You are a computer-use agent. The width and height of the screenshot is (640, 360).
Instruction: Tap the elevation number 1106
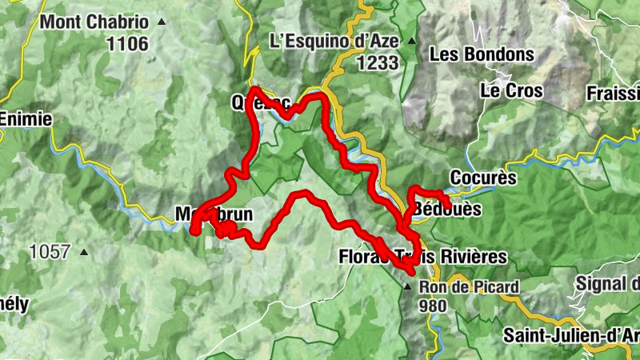point(128,44)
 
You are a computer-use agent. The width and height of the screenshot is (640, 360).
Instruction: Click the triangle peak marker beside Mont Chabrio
point(163,22)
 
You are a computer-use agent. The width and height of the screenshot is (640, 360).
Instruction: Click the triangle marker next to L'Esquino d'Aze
point(411,41)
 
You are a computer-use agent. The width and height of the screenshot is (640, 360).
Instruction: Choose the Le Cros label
point(511,90)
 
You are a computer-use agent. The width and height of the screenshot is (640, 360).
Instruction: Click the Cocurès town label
point(483,178)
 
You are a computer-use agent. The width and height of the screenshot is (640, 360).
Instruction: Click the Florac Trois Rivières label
point(422,257)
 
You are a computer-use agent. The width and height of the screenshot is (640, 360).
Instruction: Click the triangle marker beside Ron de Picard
point(408,286)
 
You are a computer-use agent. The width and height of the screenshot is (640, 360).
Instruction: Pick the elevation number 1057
point(50,252)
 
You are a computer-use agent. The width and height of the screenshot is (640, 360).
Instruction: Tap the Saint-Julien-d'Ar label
point(571,334)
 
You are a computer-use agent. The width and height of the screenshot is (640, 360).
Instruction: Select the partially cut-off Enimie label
point(26,119)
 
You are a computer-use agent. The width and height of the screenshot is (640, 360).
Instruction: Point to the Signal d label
point(608,283)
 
